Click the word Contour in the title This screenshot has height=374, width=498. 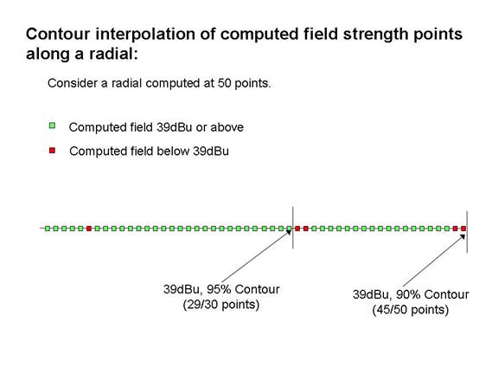click(58, 34)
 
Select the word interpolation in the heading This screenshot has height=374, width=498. click(145, 35)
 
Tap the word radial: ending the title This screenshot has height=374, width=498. click(113, 54)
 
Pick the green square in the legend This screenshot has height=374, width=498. click(52, 126)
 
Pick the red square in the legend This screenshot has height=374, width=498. click(52, 150)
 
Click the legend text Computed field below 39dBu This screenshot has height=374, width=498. click(149, 151)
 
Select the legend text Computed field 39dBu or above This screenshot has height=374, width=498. click(156, 127)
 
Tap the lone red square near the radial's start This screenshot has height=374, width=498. click(89, 229)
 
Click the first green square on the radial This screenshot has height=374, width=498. click(48, 229)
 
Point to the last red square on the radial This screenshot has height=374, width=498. click(463, 229)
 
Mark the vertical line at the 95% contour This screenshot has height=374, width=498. click(293, 228)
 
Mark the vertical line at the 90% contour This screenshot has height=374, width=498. click(467, 232)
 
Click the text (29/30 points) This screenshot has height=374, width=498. click(221, 305)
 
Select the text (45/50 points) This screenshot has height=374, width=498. click(411, 310)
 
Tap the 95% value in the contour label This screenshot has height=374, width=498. click(219, 289)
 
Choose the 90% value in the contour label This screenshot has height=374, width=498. click(408, 294)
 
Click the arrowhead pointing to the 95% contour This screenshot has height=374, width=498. click(289, 232)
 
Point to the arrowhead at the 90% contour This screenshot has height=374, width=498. click(463, 236)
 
